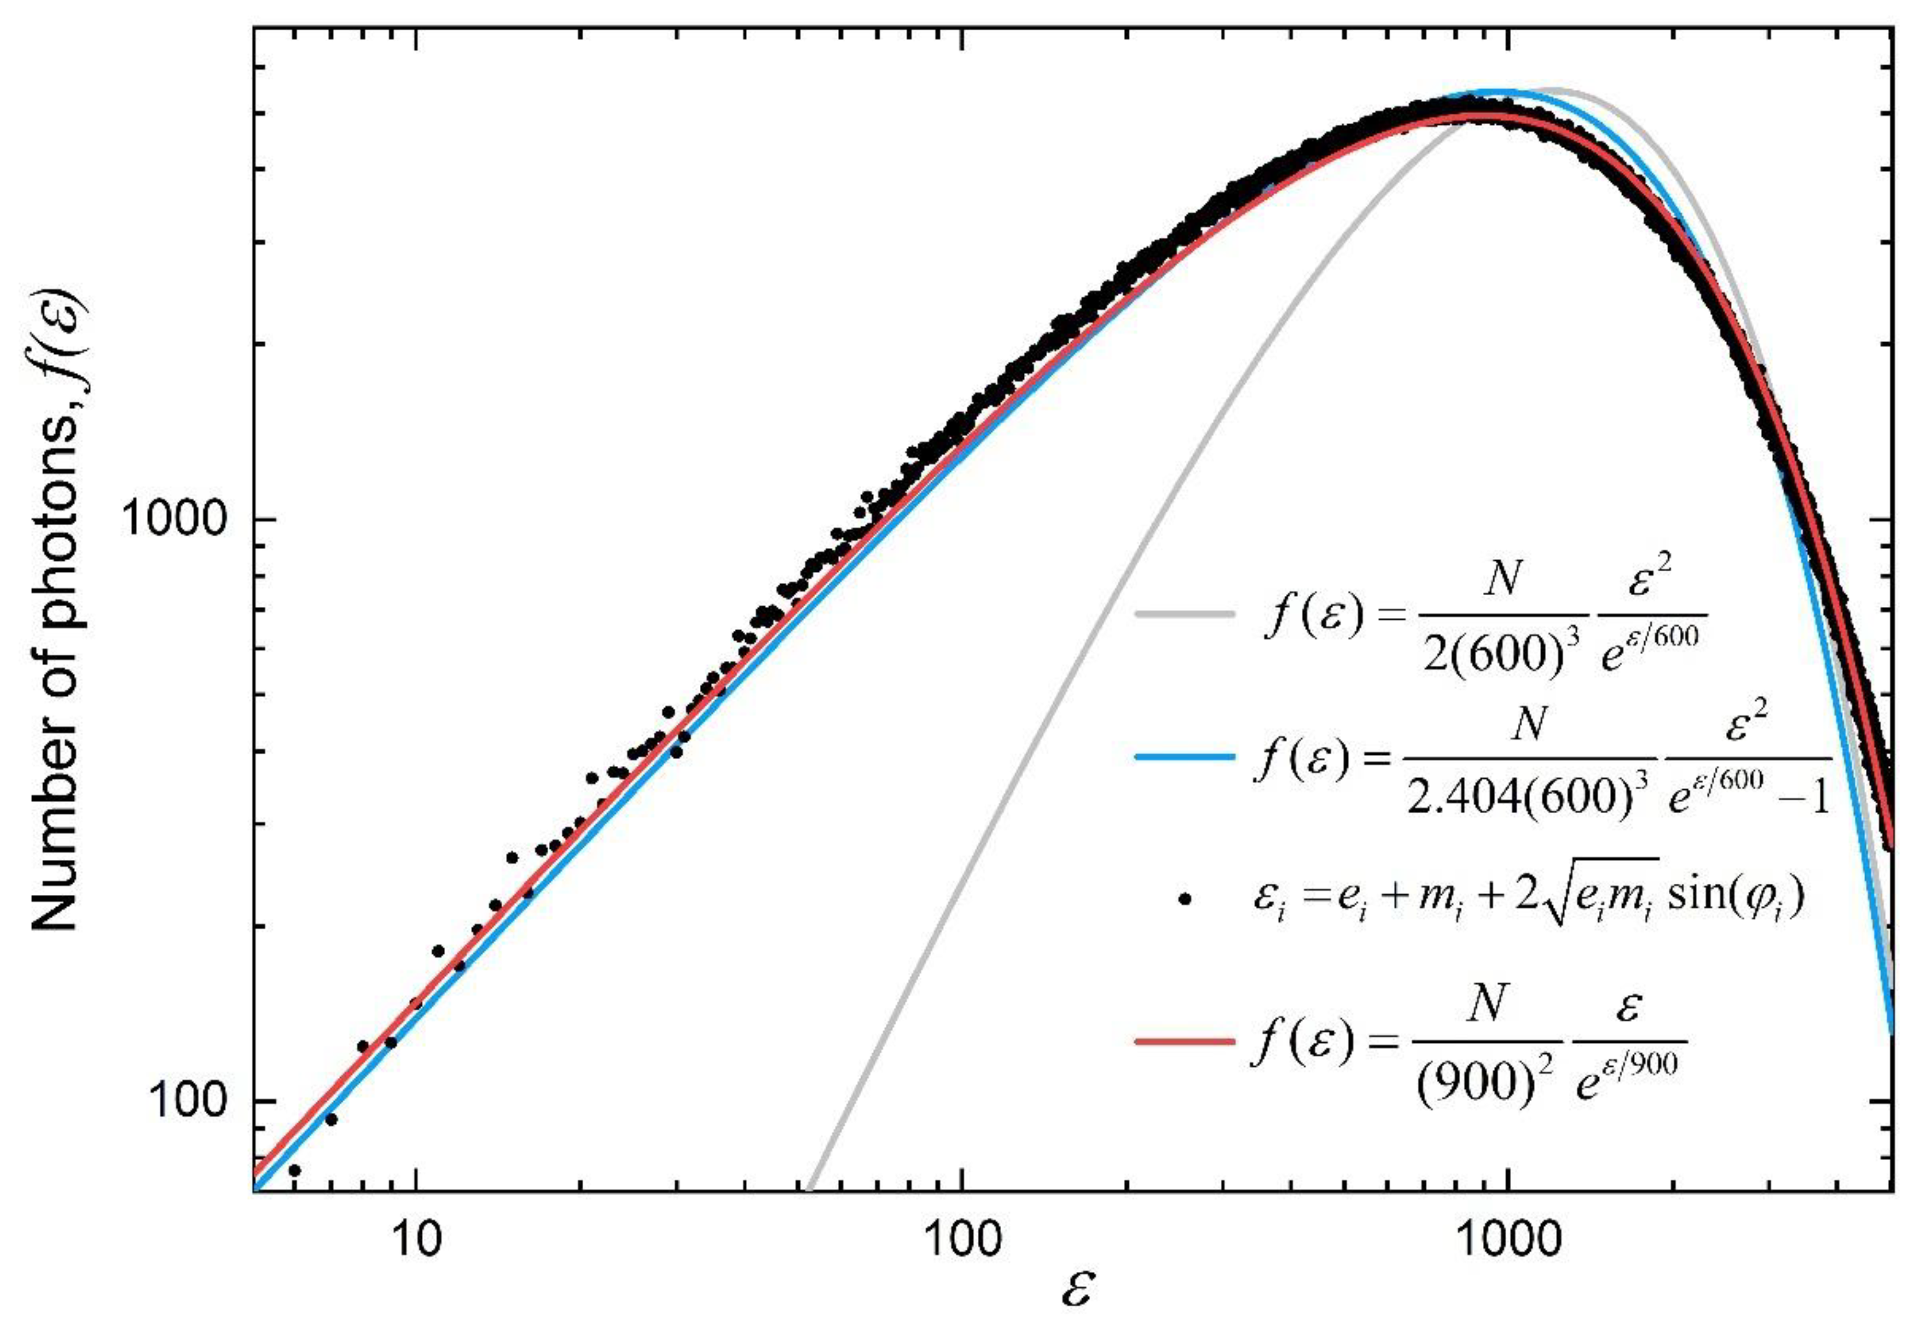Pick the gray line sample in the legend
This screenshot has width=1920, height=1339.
click(x=1184, y=615)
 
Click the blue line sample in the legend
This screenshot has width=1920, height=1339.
click(x=1184, y=757)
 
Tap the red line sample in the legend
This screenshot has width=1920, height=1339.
click(x=1184, y=1041)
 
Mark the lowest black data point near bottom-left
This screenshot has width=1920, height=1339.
click(x=294, y=1170)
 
